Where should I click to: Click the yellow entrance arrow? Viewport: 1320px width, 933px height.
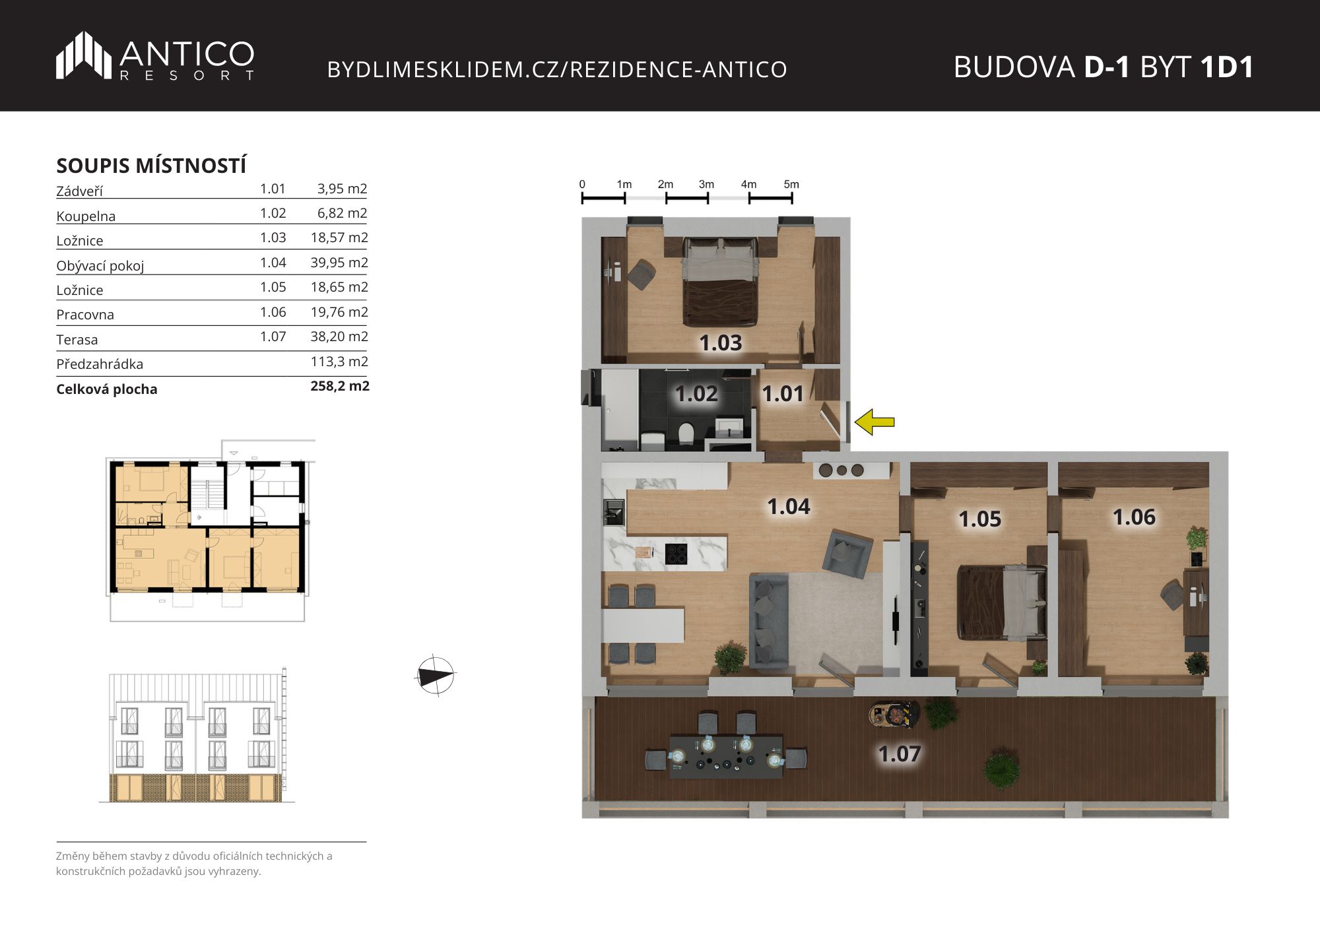click(874, 422)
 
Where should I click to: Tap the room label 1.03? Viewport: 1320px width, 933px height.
click(721, 343)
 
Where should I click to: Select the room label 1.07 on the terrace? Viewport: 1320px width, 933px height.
click(899, 754)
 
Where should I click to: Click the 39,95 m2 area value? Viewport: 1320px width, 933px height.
click(339, 263)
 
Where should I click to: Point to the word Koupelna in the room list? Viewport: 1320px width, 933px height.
click(86, 216)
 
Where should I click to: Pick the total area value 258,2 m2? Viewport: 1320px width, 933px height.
click(340, 386)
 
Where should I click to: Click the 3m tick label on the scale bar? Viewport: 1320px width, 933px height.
click(706, 184)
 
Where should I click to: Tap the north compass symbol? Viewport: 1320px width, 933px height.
click(436, 676)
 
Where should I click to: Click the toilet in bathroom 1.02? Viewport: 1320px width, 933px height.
click(686, 433)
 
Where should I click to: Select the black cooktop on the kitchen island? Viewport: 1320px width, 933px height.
click(676, 554)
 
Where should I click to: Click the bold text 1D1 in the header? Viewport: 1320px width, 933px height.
click(1227, 67)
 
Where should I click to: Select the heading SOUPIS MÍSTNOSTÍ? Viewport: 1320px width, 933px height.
click(151, 165)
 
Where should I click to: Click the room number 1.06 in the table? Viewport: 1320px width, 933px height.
click(273, 312)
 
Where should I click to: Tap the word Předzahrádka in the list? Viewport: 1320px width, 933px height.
click(100, 364)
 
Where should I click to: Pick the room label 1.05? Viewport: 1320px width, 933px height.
click(979, 519)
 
